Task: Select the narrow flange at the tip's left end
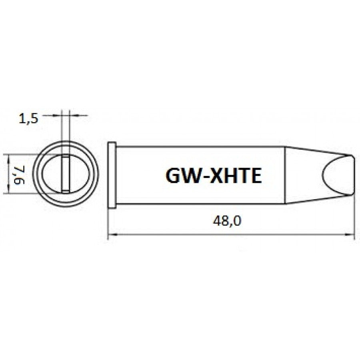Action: point(112,175)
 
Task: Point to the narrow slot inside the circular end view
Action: point(64,174)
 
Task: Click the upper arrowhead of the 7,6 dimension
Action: point(9,159)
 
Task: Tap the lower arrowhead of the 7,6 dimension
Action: point(9,191)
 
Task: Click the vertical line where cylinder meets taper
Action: point(285,175)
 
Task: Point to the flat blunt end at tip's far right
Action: point(354,175)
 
